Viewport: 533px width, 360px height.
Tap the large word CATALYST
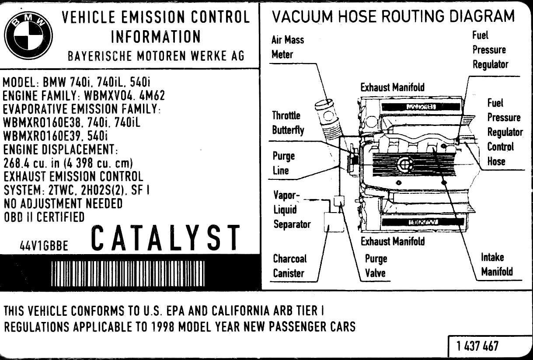166,238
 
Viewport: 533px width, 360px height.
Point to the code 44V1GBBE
44,245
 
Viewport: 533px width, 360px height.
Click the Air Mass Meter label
287,47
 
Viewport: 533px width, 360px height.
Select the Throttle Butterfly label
288,123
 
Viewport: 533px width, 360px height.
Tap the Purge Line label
283,163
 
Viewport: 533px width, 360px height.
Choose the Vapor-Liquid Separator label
292,210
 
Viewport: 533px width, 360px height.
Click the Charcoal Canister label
289,266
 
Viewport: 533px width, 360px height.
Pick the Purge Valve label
376,266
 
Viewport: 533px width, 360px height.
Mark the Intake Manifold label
497,265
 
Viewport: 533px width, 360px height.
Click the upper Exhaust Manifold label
392,87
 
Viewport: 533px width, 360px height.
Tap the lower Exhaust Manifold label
392,241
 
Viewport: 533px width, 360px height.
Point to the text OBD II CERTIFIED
44,217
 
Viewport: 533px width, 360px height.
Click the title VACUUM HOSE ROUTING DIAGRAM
393,17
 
